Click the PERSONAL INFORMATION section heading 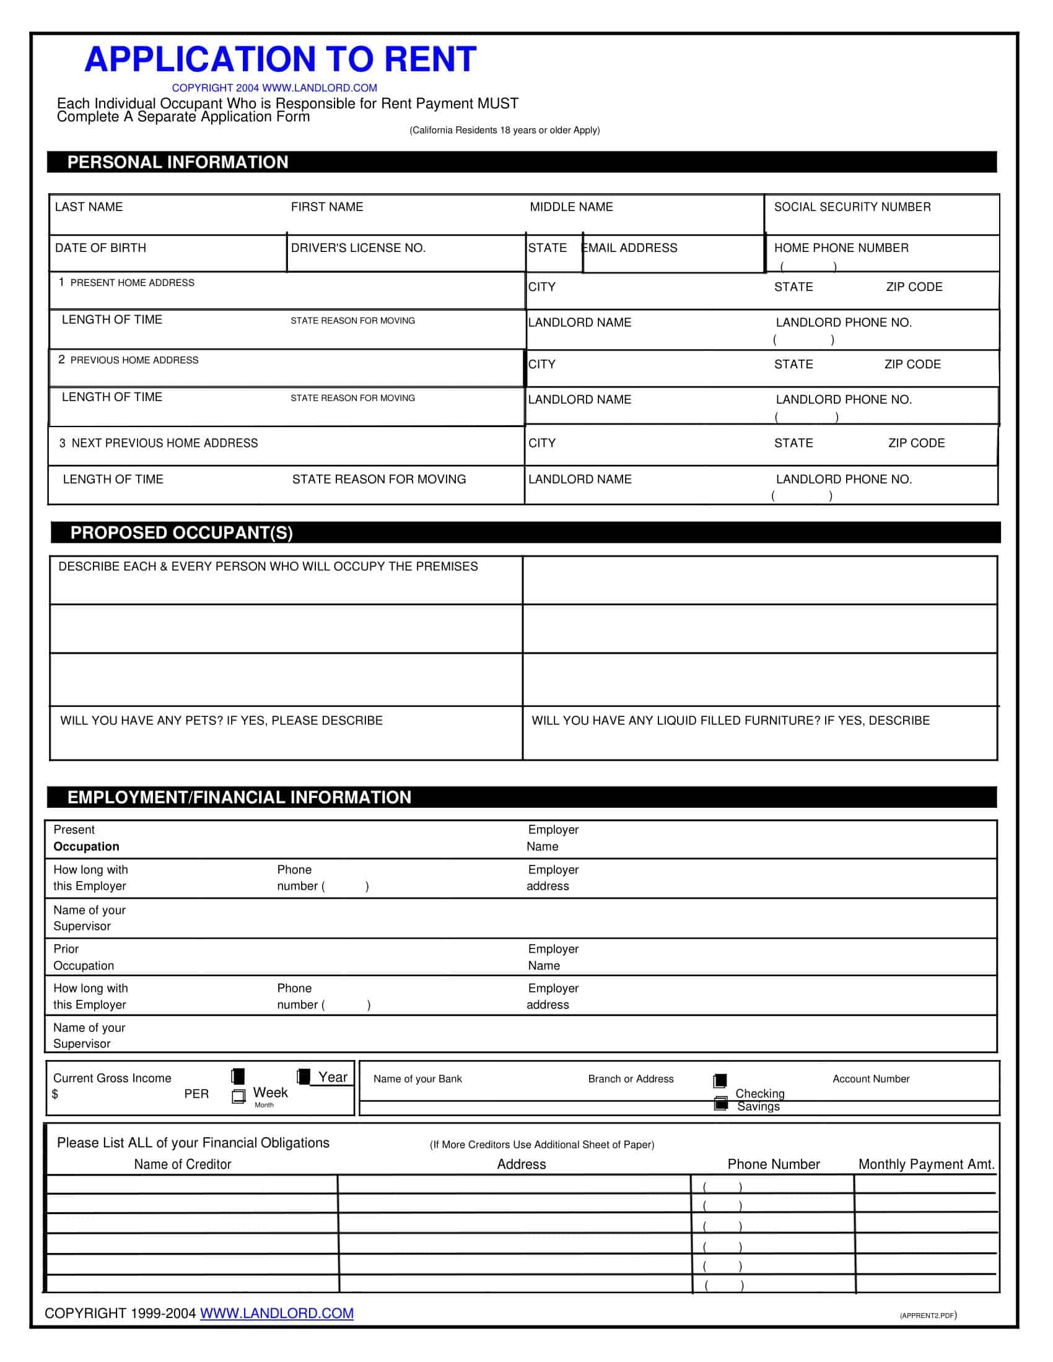point(178,162)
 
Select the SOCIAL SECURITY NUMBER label point(852,207)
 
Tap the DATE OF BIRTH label point(100,248)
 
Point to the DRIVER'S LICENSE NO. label point(358,248)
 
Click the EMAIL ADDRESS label point(630,248)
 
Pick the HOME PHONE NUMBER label point(841,248)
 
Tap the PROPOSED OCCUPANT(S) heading point(181,532)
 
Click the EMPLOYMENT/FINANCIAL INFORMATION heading point(240,797)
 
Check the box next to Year point(304,1077)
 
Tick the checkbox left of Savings point(720,1104)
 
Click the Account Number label point(871,1079)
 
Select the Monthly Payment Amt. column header point(927,1165)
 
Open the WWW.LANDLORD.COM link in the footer point(276,1313)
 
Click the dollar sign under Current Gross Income point(56,1095)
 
